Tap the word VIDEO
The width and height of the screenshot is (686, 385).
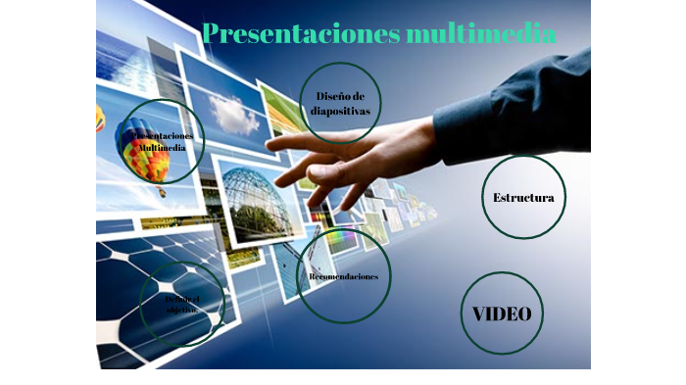[502, 314]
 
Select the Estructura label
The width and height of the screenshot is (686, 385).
[523, 198]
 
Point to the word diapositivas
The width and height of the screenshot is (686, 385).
[340, 111]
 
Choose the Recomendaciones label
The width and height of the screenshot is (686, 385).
[343, 277]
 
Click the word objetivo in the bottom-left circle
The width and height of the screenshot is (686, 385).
[181, 309]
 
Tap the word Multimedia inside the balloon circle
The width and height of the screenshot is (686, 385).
[164, 147]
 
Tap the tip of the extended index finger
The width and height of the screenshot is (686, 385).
[269, 145]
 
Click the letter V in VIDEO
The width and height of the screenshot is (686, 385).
[479, 314]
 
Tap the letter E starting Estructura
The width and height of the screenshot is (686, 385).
[498, 198]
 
